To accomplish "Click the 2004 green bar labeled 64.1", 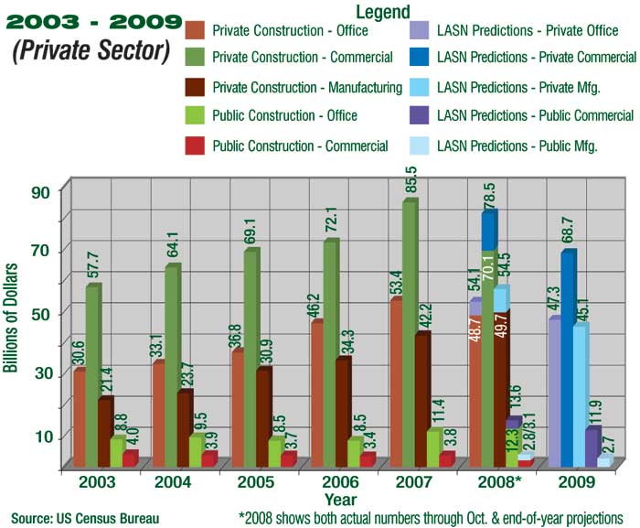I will (x=171, y=366).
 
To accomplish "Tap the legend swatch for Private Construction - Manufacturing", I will (x=195, y=89).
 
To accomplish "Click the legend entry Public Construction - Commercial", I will (x=299, y=145).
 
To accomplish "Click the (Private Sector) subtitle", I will (x=91, y=49).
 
